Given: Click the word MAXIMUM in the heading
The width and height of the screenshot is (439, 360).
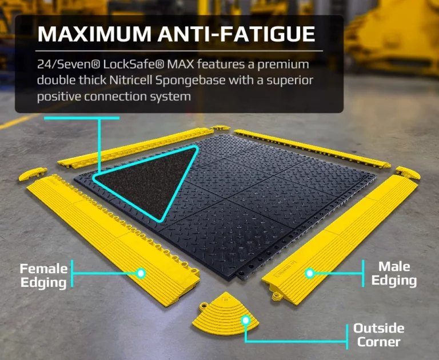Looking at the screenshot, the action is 94,34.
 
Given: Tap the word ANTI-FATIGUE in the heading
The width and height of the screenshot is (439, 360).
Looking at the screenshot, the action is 236,34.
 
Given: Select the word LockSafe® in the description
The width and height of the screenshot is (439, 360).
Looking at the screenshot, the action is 133,65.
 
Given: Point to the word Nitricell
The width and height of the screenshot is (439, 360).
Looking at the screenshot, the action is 131,81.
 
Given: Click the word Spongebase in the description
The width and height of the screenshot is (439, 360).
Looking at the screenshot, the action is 190,81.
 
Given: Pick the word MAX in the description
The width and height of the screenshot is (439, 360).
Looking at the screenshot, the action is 180,65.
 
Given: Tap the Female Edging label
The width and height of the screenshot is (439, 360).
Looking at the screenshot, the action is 43,276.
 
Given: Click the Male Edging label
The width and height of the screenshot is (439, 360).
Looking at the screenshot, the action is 394,274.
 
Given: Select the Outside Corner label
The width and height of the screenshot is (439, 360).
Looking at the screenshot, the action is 378,335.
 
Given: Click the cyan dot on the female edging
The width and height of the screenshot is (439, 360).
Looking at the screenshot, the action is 141,273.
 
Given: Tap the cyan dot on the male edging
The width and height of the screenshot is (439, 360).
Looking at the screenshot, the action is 309,273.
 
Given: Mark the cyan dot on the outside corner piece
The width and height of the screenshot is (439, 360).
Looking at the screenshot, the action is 246,320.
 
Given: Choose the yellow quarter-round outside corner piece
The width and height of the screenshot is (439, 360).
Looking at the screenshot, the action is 225,314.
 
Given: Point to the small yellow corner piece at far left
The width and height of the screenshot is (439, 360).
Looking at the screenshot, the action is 33,173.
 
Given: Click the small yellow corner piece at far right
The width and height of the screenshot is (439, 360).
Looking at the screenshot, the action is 408,173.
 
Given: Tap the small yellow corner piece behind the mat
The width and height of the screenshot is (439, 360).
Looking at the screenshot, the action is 220,128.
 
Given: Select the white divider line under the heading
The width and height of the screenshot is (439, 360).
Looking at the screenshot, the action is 179,51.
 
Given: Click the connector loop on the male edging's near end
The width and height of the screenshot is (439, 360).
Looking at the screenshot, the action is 277,296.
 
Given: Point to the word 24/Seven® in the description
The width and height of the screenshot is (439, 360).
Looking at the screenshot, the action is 69,65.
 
